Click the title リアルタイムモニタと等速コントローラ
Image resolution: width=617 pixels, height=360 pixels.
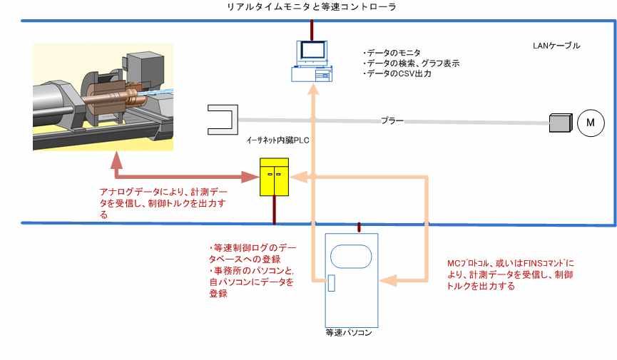tap(311, 6)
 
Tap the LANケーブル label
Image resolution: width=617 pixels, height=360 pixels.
tap(556, 46)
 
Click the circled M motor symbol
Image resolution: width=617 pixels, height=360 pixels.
tap(591, 123)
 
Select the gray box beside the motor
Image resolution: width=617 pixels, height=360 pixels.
tap(561, 123)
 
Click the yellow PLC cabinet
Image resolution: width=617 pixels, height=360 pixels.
tap(275, 177)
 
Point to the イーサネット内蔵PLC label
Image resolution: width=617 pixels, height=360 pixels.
tap(277, 140)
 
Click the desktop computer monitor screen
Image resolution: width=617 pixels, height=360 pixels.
tap(313, 51)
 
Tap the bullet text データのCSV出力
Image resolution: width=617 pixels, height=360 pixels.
tap(397, 73)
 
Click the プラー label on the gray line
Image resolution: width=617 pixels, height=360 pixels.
tap(392, 120)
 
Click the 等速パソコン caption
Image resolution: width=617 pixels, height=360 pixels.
tap(349, 333)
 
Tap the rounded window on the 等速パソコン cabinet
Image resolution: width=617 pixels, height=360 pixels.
tap(351, 257)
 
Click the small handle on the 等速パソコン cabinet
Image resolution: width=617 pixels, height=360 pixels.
tap(331, 283)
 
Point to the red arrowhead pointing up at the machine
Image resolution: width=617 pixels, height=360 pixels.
tap(116, 160)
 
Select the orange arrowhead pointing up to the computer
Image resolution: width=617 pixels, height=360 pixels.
tap(314, 90)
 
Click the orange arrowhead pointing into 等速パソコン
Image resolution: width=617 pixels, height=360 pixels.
tap(387, 280)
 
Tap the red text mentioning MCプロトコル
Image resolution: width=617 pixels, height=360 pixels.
tap(510, 274)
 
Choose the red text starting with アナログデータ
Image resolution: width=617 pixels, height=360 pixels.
tap(163, 203)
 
